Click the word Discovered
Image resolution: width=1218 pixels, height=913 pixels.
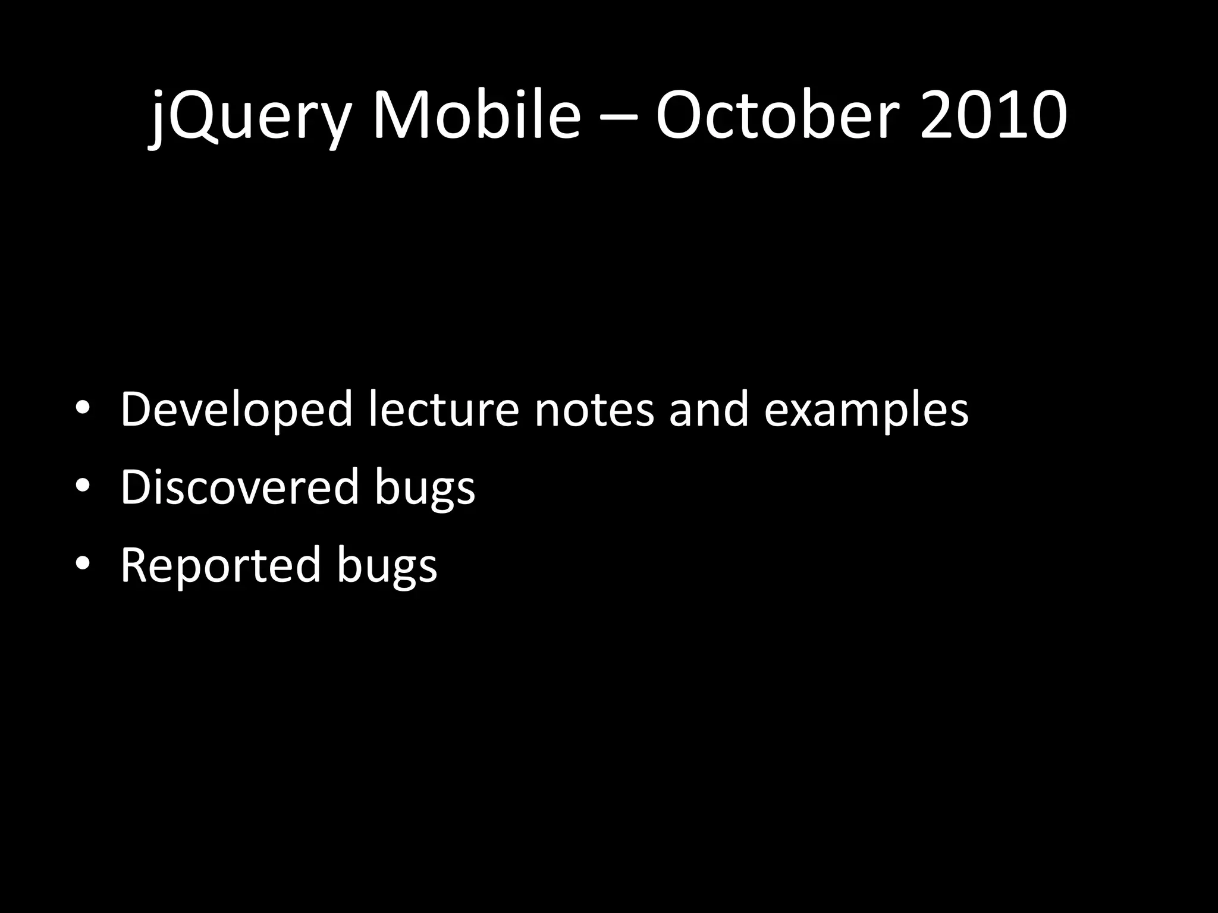point(240,487)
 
